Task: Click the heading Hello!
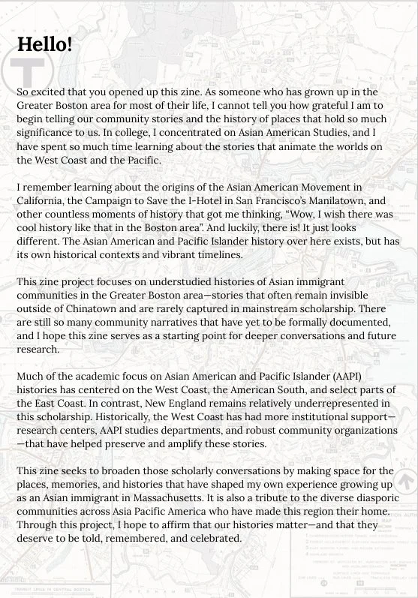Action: pyautogui.click(x=44, y=44)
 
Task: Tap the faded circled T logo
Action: pyautogui.click(x=24, y=71)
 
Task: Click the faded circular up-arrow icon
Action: pyautogui.click(x=406, y=481)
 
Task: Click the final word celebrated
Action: pyautogui.click(x=212, y=538)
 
